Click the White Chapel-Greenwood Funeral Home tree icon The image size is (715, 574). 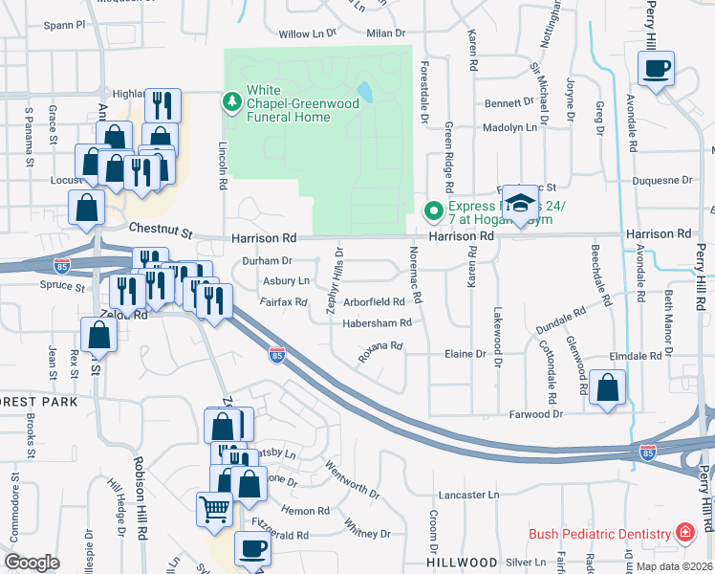(x=231, y=100)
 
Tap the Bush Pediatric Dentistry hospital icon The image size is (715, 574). (x=684, y=533)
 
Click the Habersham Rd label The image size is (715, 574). (x=377, y=323)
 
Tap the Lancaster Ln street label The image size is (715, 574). (x=469, y=496)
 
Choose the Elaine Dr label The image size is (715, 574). (x=466, y=354)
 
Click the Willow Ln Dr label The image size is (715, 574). (x=308, y=33)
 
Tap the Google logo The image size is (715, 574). (x=32, y=562)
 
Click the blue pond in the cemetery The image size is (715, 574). (x=364, y=93)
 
